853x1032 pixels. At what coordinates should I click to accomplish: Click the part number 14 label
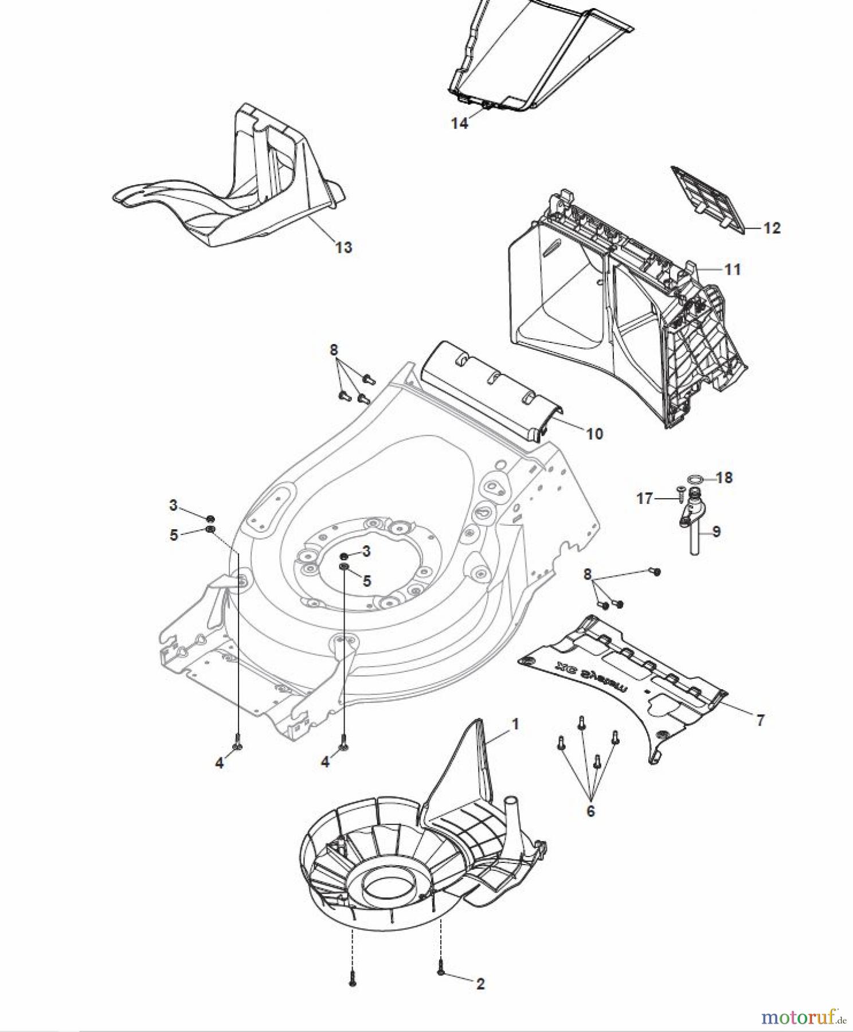459,123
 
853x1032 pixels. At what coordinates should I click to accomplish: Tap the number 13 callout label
343,247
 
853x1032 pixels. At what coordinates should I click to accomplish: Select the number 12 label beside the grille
772,228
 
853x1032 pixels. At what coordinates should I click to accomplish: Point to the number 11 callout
732,269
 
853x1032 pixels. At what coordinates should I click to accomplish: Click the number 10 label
594,433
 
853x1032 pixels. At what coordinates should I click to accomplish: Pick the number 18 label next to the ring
724,478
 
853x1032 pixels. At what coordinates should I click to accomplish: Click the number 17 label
645,499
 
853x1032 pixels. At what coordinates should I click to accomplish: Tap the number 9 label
716,531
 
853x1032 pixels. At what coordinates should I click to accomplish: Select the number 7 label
760,720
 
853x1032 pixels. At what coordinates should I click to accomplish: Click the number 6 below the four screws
590,811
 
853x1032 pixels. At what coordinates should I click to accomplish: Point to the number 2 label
480,984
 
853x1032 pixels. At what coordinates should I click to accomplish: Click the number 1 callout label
515,724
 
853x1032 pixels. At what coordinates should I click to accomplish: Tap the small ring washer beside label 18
695,478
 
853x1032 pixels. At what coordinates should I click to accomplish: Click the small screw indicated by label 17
681,491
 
